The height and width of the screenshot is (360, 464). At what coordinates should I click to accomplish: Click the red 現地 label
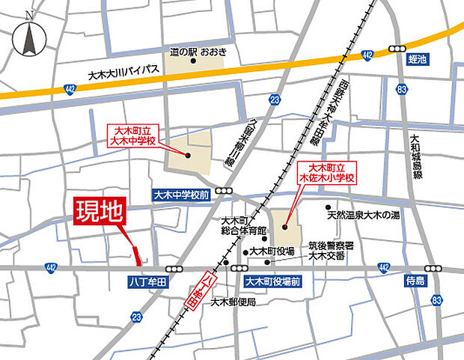100,213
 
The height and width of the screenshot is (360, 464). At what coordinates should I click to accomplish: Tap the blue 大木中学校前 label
180,194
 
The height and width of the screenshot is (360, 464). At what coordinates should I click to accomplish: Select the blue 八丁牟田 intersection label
150,282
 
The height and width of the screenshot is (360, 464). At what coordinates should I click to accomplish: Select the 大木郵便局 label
233,302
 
